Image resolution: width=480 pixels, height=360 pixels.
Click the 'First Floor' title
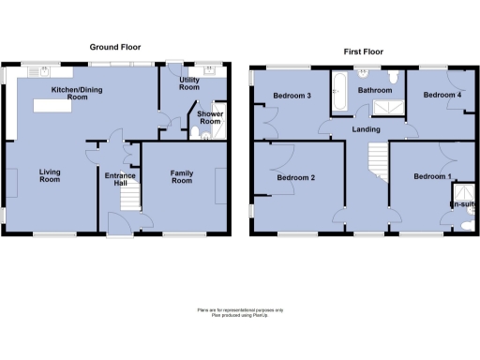[x=364, y=52]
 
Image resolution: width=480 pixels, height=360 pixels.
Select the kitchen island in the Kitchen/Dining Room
[x=58, y=106]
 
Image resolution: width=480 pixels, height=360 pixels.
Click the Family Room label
[x=181, y=176]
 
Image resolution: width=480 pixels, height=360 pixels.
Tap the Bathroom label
[x=374, y=91]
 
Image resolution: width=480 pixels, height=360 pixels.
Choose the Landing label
[x=365, y=129]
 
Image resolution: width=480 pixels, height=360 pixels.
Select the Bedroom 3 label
[x=292, y=97]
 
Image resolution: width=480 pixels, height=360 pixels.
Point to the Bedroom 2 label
[x=295, y=177]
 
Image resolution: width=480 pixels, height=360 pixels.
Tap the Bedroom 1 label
[x=432, y=177]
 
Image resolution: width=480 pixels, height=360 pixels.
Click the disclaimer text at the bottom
[x=240, y=311]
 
